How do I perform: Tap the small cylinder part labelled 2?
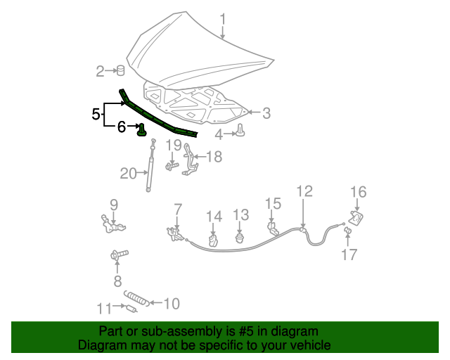pyautogui.click(x=120, y=70)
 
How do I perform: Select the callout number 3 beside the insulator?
pyautogui.click(x=266, y=112)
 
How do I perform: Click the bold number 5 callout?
pyautogui.click(x=96, y=113)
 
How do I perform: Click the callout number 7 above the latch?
pyautogui.click(x=178, y=209)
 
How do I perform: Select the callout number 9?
pyautogui.click(x=113, y=205)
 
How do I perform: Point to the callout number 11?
pyautogui.click(x=104, y=308)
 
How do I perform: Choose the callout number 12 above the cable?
pyautogui.click(x=304, y=191)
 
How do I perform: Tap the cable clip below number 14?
pyautogui.click(x=213, y=241)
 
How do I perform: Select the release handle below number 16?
pyautogui.click(x=356, y=219)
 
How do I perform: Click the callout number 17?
pyautogui.click(x=349, y=255)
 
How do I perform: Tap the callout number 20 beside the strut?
pyautogui.click(x=128, y=173)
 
